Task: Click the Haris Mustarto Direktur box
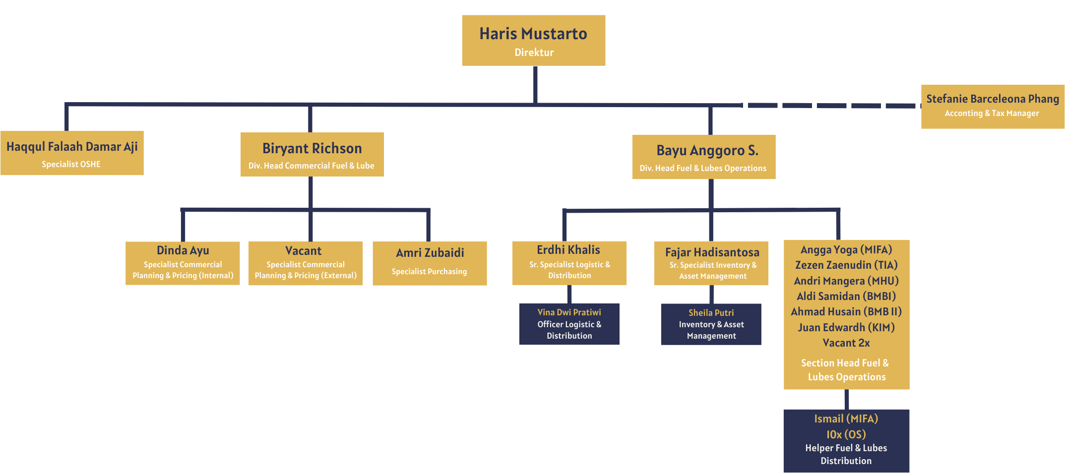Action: click(533, 40)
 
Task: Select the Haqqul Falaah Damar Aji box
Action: click(72, 153)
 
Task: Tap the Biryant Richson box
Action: click(312, 155)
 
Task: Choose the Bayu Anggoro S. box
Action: click(703, 157)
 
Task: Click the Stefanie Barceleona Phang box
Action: click(993, 107)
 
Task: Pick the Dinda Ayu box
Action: click(183, 263)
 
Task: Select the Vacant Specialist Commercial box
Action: click(305, 263)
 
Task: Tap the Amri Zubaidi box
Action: click(430, 263)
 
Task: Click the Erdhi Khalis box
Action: click(569, 263)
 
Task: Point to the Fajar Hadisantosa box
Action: click(711, 263)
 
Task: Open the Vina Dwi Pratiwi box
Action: click(569, 324)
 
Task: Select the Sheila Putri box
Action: click(711, 324)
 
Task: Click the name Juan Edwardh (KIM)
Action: click(846, 328)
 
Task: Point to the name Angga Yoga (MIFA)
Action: click(846, 250)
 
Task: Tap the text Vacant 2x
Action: click(846, 343)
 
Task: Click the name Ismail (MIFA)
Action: click(846, 419)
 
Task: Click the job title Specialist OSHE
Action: click(71, 164)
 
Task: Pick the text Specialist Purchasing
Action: click(429, 272)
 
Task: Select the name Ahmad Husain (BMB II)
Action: click(846, 312)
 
